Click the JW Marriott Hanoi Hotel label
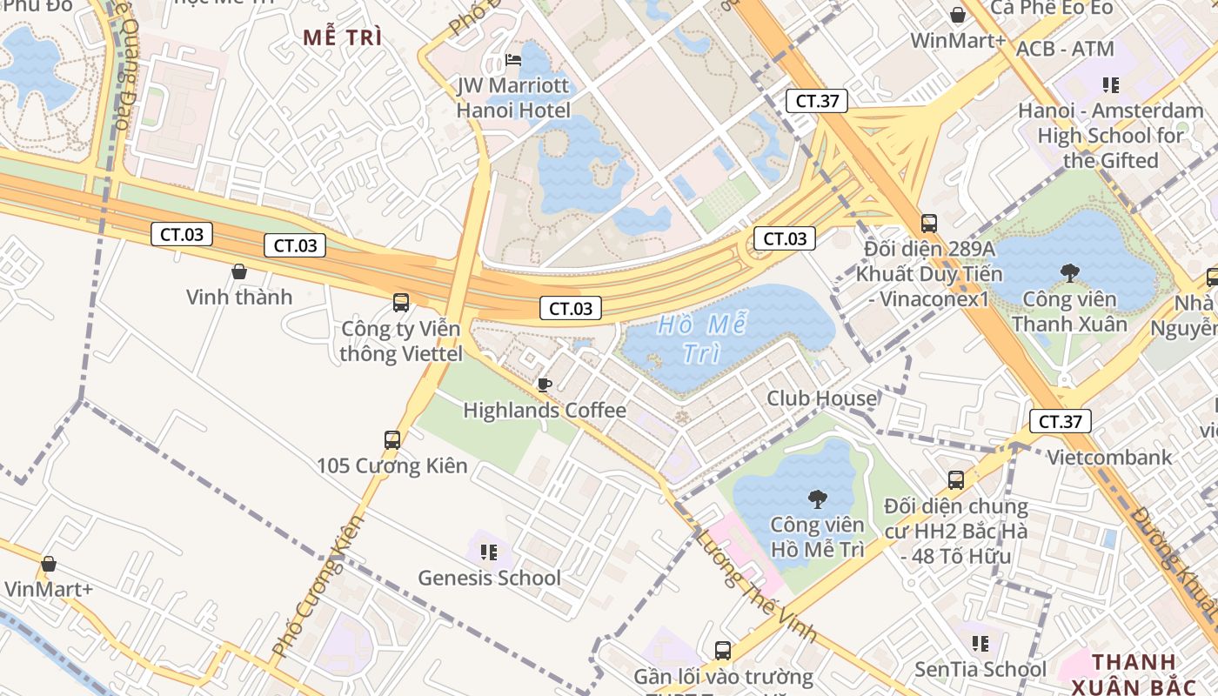513,98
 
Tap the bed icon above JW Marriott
513,60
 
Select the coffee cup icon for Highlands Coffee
545,385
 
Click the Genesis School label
489,578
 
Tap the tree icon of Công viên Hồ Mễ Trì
817,499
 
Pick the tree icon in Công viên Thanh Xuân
1069,273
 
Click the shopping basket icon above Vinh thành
239,272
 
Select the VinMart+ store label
49,589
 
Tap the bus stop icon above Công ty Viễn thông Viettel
400,303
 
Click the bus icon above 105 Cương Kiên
392,440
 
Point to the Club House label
821,398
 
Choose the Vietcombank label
1108,458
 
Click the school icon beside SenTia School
980,644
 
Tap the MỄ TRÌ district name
343,37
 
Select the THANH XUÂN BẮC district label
1140,674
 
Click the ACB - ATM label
1065,49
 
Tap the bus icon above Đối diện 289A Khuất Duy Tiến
928,224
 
